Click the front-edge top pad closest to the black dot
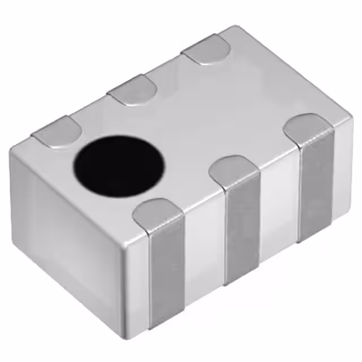pos(160,216)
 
